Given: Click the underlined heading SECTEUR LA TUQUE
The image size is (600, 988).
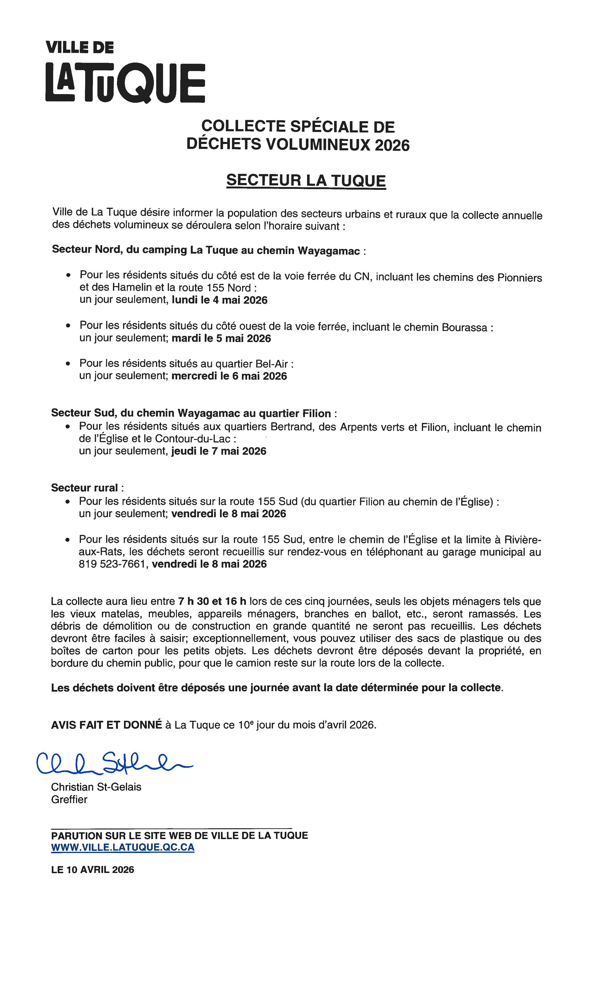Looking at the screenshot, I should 306,180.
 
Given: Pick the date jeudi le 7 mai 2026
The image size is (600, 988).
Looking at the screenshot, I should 219,451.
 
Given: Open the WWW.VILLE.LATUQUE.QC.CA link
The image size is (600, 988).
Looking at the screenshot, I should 123,847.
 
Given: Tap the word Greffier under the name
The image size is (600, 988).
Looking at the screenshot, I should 69,800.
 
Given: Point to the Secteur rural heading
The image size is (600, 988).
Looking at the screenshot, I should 85,488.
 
